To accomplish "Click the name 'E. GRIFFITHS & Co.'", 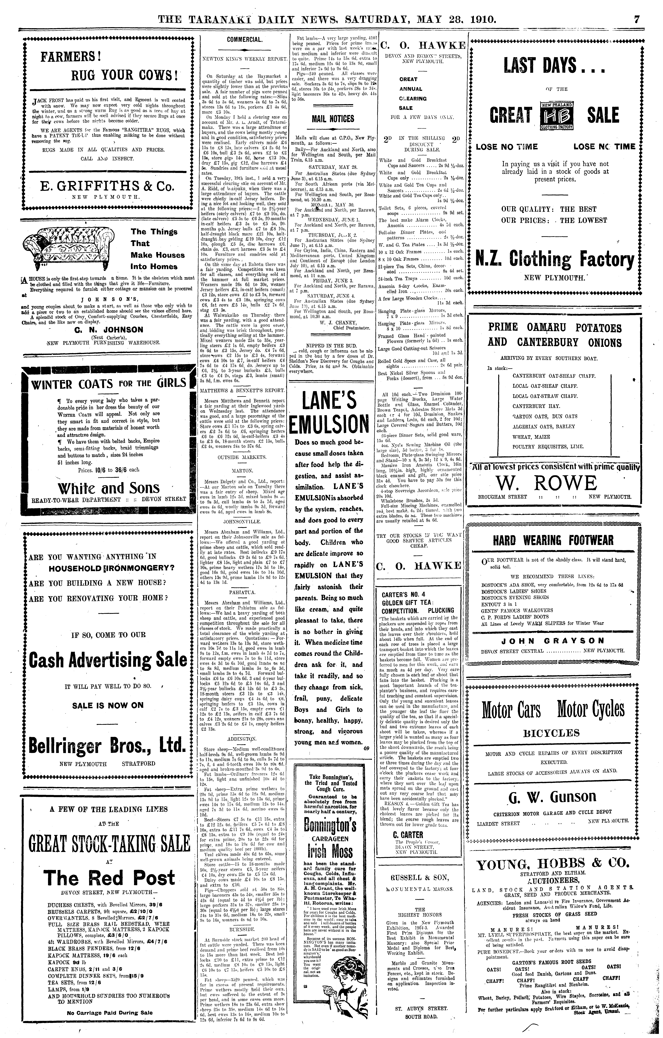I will click(107, 186).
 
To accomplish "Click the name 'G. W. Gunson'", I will click(552, 797).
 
